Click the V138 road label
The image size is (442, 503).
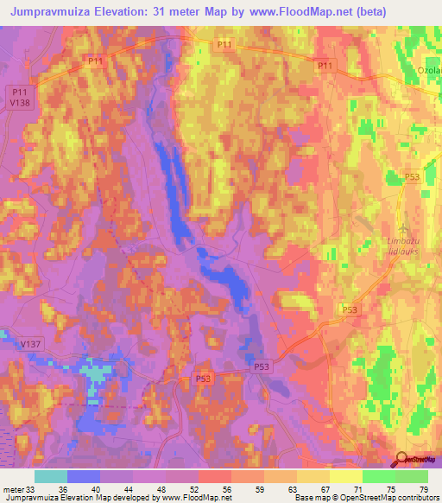click(21, 102)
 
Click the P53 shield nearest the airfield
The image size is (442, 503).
click(413, 176)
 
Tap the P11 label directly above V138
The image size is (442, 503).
click(21, 91)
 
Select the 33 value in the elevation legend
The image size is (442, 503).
click(34, 489)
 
